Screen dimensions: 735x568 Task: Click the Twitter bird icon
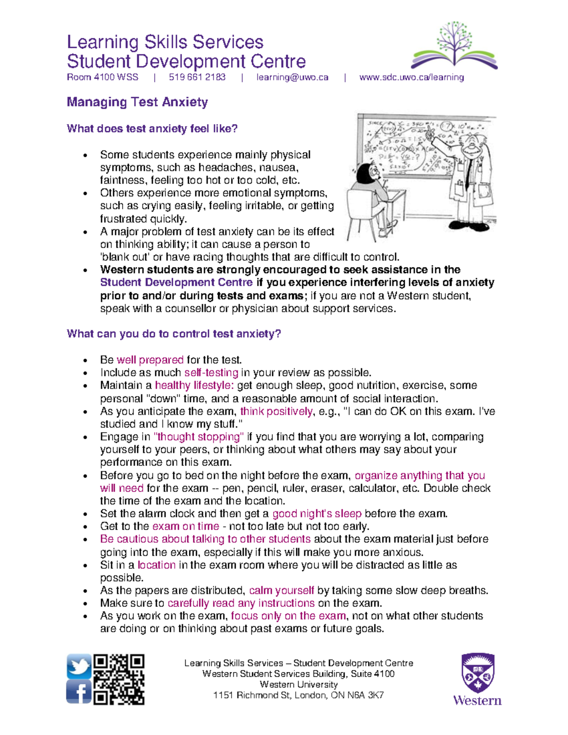[x=79, y=666]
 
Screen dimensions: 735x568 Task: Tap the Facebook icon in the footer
[x=79, y=692]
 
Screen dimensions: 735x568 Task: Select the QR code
[x=119, y=680]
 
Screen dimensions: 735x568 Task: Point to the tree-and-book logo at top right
[x=454, y=45]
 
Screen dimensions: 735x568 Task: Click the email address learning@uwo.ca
[x=292, y=77]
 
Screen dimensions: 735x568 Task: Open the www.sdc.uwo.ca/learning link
[x=411, y=77]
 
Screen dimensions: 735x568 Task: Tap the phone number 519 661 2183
[x=197, y=77]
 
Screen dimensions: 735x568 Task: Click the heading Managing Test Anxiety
[x=137, y=102]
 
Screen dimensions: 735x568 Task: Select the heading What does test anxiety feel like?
[x=152, y=129]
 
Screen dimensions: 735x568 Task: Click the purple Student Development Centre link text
[x=176, y=283]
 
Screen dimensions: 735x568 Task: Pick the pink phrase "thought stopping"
[x=199, y=437]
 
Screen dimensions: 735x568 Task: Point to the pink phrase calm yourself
[x=281, y=591]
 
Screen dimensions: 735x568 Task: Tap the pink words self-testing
[x=211, y=372]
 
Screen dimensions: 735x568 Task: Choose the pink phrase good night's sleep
[x=317, y=514]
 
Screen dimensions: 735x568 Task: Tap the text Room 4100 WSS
[x=103, y=77]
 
